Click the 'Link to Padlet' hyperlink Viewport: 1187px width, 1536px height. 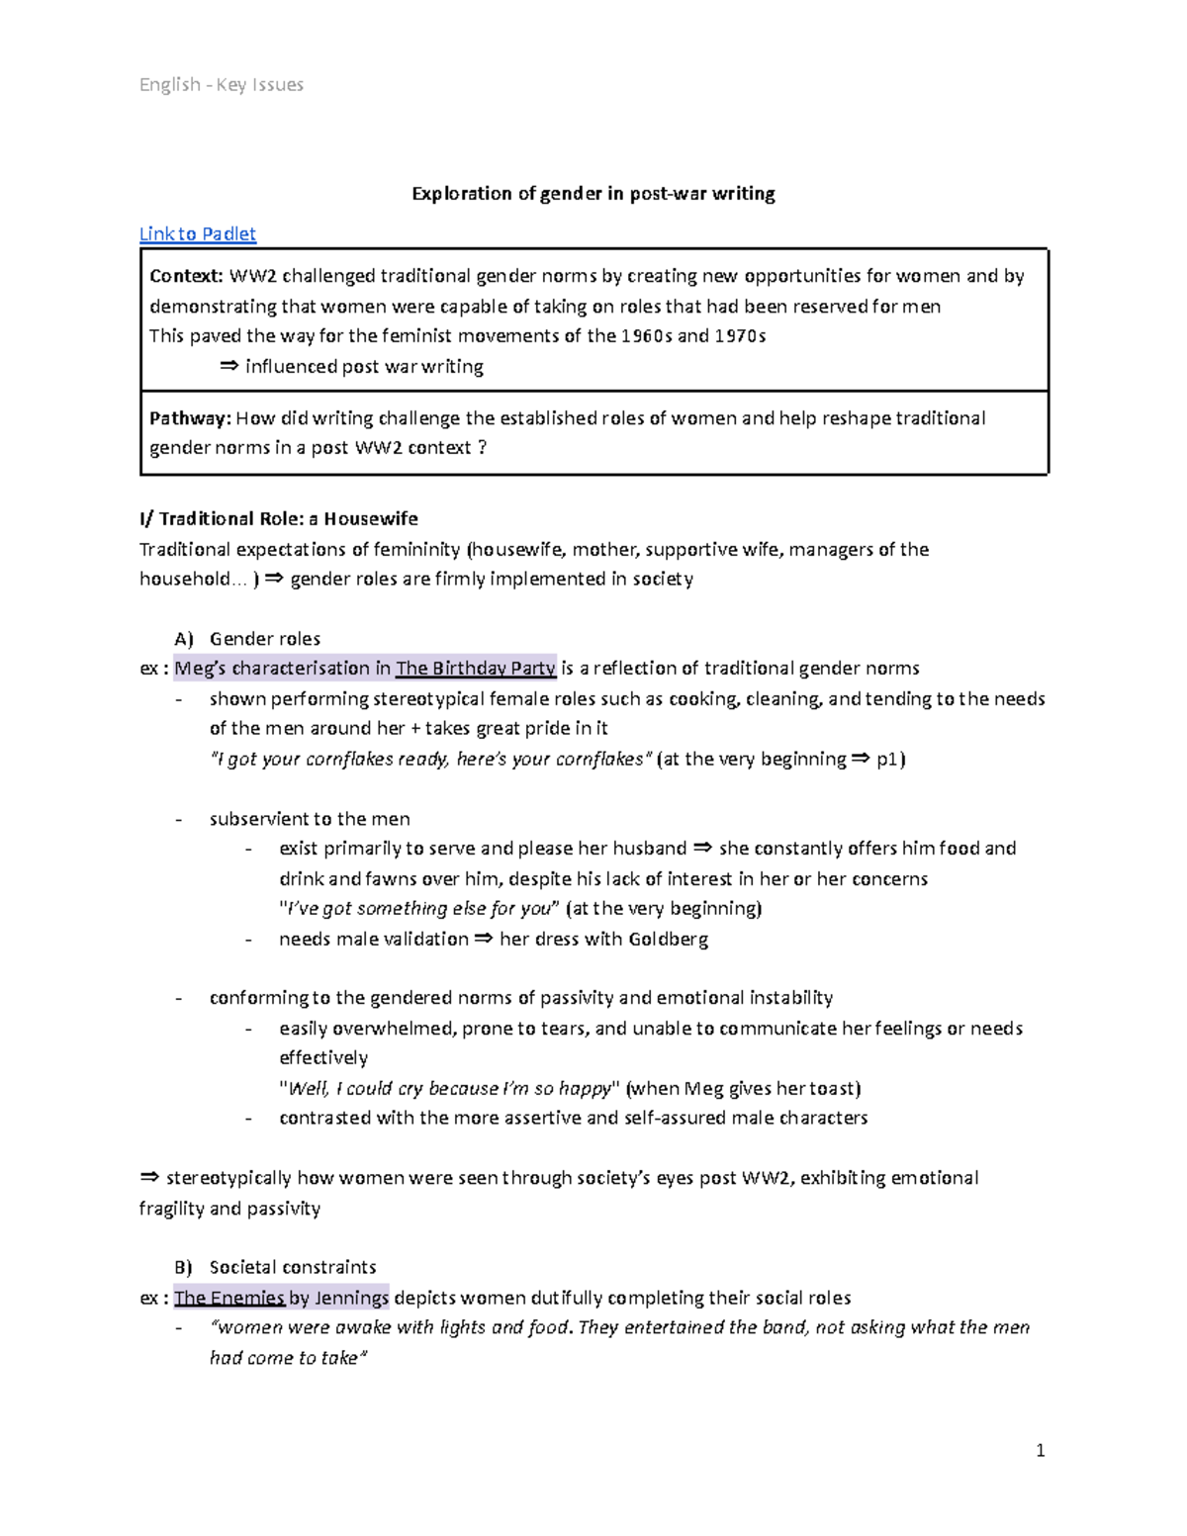197,233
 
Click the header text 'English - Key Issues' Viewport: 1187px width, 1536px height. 221,85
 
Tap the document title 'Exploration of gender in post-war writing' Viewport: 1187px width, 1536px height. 593,194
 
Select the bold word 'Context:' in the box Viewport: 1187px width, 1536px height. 186,276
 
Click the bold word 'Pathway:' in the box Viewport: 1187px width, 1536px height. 190,418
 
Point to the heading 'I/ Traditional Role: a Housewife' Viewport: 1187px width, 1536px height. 278,519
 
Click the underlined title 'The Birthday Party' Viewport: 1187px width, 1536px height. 475,669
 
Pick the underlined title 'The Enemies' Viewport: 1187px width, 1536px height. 229,1298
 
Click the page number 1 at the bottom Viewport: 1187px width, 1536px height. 1040,1451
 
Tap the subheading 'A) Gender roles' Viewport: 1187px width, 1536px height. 247,639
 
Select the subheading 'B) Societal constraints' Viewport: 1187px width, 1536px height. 275,1267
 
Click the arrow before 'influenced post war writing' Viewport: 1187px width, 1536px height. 228,366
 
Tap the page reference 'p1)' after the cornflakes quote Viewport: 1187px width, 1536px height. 890,760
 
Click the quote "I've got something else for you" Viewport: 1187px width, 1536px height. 420,909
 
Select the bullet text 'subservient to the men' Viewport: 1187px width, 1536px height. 310,819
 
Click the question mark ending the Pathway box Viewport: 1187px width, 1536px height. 482,448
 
